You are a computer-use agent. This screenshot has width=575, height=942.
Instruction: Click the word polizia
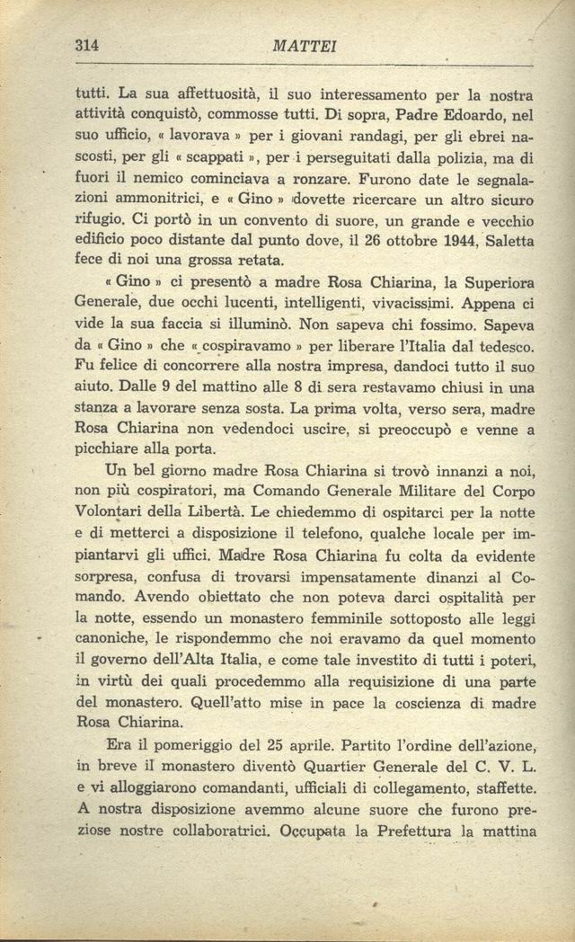[455, 161]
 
